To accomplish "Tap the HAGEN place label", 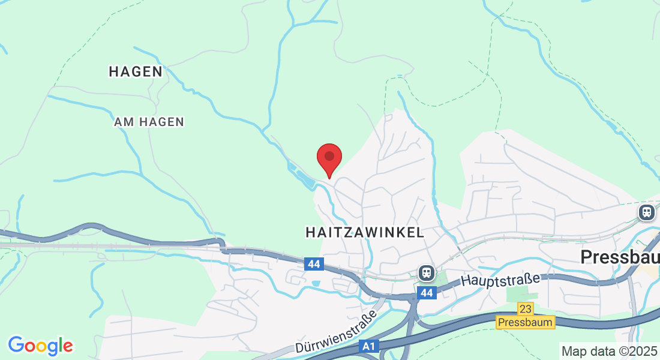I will [x=136, y=71].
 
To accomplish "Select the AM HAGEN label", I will [x=149, y=122].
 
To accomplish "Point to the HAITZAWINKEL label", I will [x=365, y=232].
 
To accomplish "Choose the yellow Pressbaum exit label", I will [x=526, y=322].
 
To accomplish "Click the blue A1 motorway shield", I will [x=369, y=346].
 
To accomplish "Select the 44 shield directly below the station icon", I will [x=427, y=293].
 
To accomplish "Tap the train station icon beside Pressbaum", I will [x=646, y=212].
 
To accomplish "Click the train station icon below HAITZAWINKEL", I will [x=427, y=273].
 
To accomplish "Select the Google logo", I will [x=40, y=346].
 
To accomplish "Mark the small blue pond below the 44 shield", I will [x=316, y=283].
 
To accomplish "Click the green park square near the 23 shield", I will [x=515, y=295].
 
